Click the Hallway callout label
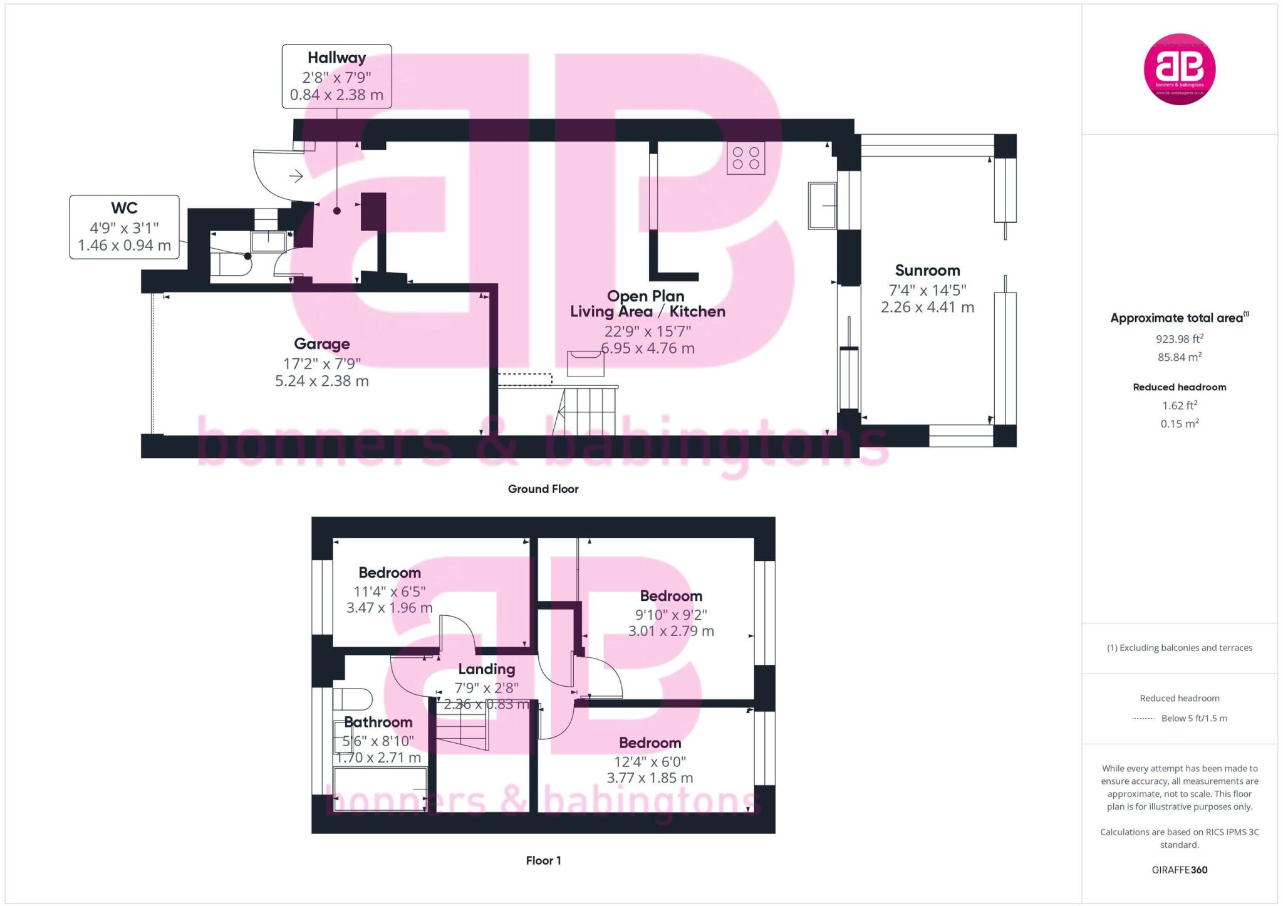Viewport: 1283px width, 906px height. pos(336,76)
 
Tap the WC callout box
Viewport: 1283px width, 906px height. pos(124,226)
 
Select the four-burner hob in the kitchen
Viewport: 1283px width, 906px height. pos(745,158)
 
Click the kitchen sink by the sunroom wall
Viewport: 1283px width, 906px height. pos(821,206)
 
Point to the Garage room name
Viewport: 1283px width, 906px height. pos(321,343)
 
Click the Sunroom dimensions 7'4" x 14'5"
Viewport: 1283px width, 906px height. pos(927,289)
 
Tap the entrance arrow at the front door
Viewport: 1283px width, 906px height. pos(296,176)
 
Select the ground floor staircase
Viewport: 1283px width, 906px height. pos(586,410)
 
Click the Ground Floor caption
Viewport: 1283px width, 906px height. pos(543,489)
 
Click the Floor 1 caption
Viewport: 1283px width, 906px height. pos(543,860)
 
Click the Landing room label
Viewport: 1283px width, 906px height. pos(486,669)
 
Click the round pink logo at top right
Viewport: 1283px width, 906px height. pos(1179,69)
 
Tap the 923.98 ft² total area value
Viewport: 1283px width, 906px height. pos(1179,339)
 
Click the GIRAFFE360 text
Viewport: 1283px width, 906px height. pos(1179,869)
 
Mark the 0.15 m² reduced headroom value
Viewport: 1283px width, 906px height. pos(1179,424)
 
